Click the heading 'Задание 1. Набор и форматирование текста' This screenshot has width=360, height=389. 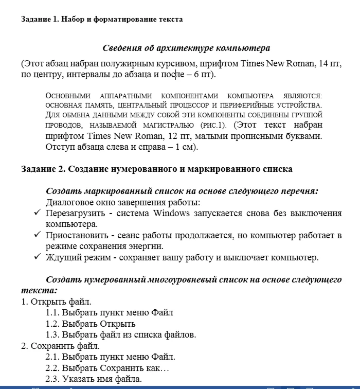(x=102, y=20)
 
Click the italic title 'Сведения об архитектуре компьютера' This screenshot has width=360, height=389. (x=186, y=48)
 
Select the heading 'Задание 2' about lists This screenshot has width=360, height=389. (x=157, y=169)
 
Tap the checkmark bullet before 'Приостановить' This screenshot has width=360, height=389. (x=37, y=235)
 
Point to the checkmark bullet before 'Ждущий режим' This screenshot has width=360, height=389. (x=37, y=257)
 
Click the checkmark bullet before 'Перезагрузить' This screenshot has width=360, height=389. (x=37, y=213)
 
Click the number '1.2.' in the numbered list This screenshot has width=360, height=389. (x=53, y=324)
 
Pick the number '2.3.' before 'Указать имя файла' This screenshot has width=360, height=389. (x=53, y=380)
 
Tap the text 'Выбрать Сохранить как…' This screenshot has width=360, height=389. (x=116, y=368)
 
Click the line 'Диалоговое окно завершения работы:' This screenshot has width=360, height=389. (x=123, y=202)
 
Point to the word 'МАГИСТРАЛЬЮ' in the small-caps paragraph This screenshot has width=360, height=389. (x=170, y=125)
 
